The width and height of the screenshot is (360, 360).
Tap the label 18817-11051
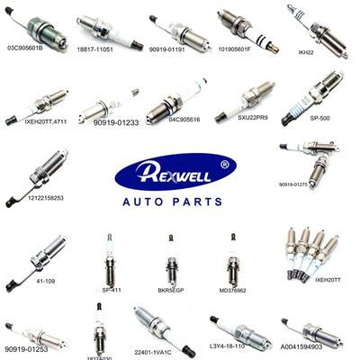(97, 55)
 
